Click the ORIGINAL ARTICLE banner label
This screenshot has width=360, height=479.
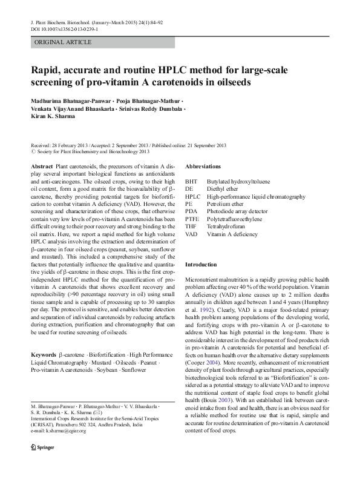63,42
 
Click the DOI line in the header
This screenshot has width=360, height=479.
65,29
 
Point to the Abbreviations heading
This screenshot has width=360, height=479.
203,166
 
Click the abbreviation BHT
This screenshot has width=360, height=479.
191,181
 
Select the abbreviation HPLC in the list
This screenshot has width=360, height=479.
193,197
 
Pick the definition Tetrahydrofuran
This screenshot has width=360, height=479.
227,226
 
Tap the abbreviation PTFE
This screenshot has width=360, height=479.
192,219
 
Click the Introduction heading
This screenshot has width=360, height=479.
200,265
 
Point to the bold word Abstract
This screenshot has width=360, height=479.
42,166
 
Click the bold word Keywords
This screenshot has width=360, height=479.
44,354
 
